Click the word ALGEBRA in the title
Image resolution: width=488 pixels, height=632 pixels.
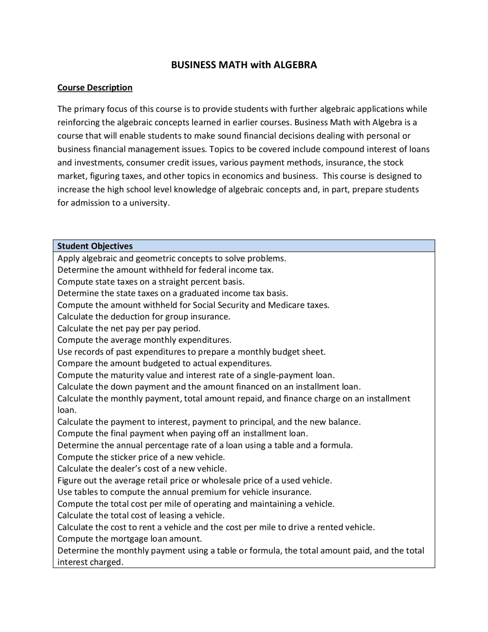pos(295,65)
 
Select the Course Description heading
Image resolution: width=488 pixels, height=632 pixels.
pos(95,87)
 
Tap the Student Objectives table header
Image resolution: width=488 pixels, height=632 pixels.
pos(95,246)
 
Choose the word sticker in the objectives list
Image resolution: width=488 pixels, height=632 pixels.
pos(123,457)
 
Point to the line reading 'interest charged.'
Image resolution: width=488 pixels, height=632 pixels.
pos(90,562)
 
